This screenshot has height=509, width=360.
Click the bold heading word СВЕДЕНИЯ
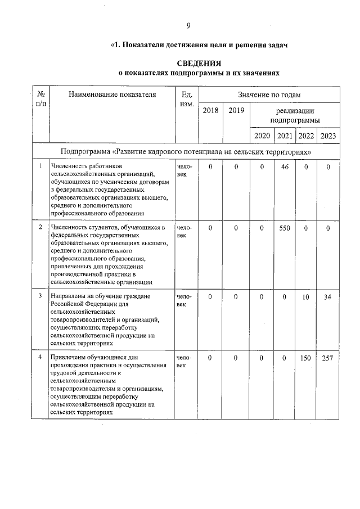(198, 63)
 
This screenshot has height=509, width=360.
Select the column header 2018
(210, 111)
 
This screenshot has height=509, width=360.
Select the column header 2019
(236, 111)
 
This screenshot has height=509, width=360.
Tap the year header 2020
(262, 136)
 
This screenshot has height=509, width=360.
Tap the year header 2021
(285, 136)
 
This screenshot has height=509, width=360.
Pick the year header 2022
(306, 136)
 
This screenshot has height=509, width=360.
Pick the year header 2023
(328, 136)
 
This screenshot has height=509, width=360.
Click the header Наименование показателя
(112, 94)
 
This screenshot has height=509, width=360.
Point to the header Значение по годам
(269, 94)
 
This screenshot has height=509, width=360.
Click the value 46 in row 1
(285, 167)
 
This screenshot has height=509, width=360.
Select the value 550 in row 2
(285, 228)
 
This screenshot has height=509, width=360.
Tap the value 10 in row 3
(306, 296)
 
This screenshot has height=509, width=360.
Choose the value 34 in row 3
(328, 296)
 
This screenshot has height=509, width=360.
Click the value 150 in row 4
(306, 358)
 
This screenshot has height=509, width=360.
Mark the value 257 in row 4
(328, 358)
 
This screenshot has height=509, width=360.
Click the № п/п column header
(40, 99)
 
